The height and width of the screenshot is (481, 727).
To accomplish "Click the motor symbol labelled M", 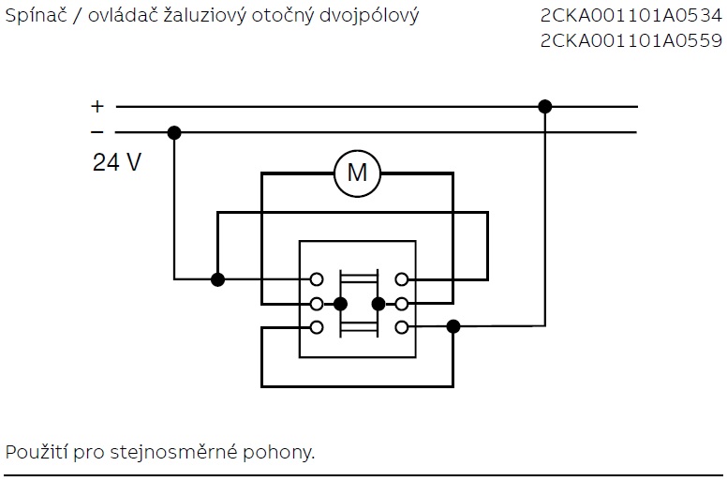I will click(357, 173).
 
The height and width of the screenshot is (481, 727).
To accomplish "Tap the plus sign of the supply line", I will click(97, 107).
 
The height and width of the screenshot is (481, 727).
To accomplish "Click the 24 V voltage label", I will click(117, 162).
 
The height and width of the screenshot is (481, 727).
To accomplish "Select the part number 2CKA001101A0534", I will click(631, 16).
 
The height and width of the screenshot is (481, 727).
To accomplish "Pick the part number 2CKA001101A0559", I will click(631, 40).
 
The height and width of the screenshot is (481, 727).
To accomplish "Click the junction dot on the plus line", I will click(545, 107).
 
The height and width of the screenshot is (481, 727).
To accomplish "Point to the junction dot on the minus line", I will click(174, 132).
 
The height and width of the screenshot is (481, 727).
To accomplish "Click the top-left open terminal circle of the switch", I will click(317, 279).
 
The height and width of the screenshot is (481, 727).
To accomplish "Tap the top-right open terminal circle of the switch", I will click(402, 279).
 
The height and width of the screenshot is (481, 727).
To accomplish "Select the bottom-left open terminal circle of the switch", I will click(317, 327).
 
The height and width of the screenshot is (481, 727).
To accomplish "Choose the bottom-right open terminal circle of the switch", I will click(402, 327).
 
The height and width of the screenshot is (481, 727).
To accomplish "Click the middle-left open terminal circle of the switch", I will click(317, 304).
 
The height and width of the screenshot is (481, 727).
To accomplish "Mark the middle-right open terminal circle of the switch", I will click(402, 304).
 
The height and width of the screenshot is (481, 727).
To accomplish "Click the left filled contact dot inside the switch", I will click(340, 304).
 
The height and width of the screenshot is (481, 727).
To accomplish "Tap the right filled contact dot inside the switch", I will click(378, 304).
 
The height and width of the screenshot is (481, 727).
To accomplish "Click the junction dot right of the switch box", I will click(453, 327).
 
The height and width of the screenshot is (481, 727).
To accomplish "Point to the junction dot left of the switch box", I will click(217, 279).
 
